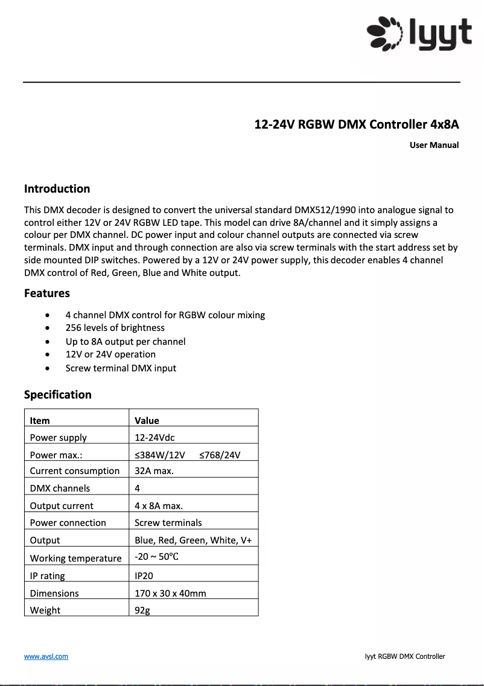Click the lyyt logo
click(419, 34)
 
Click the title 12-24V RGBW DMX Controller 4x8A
click(356, 125)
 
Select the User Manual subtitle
click(434, 145)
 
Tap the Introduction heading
click(57, 189)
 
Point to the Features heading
click(46, 293)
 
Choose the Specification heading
click(57, 395)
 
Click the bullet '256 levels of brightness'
click(115, 328)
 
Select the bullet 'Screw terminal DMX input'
click(121, 368)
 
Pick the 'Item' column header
click(40, 420)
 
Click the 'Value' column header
click(147, 420)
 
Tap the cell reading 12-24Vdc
click(154, 437)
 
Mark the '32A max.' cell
click(154, 471)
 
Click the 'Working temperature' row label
click(75, 558)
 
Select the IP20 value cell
click(144, 575)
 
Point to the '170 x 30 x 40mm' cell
click(170, 593)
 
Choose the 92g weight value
click(142, 610)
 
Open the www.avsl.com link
click(46, 656)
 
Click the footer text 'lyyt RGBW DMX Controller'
click(405, 656)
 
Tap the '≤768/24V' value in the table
click(220, 455)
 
